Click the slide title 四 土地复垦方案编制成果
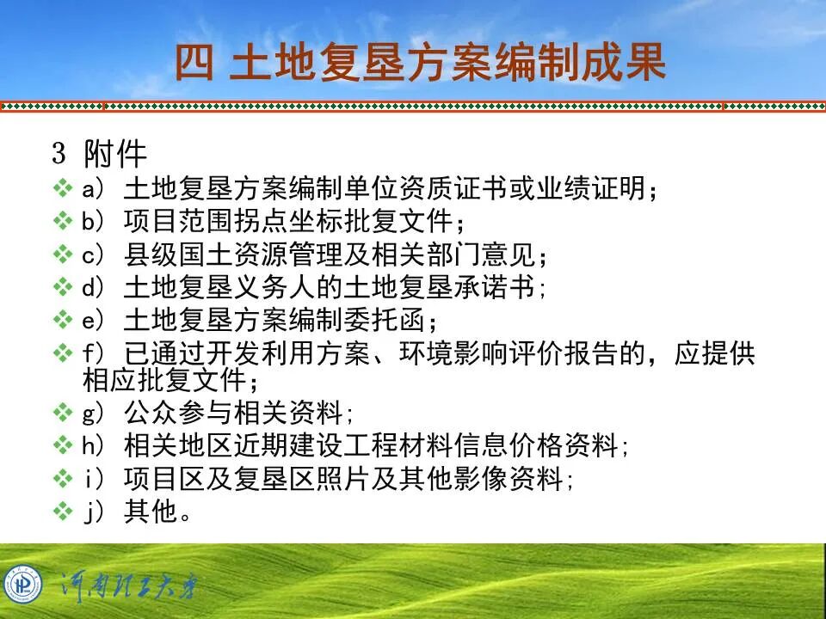tap(421, 63)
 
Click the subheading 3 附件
tap(100, 155)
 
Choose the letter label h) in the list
tap(92, 445)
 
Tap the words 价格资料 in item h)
tap(577, 445)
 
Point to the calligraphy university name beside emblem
tap(128, 587)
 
